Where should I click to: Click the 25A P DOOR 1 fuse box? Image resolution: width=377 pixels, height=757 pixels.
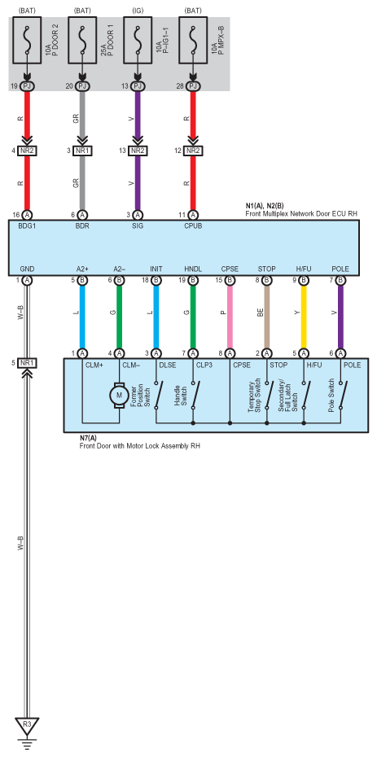[82, 41]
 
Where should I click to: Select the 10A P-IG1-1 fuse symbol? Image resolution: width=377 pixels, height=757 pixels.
[138, 41]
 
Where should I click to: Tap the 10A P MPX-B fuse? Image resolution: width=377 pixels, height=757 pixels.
[193, 41]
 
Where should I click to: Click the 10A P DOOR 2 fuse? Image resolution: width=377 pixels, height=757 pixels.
[28, 41]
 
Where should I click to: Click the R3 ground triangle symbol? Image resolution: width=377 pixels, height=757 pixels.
[28, 725]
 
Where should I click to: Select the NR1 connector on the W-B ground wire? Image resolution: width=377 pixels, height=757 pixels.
[27, 362]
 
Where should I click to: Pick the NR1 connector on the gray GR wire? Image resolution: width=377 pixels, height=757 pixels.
[82, 151]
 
